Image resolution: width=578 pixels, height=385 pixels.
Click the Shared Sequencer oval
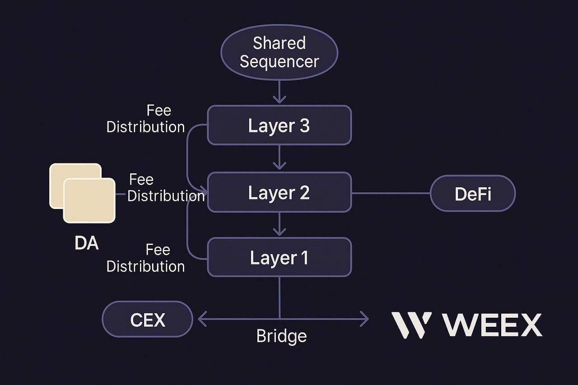click(279, 52)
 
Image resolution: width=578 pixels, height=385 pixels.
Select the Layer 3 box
click(280, 125)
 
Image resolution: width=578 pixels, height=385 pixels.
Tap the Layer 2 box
click(280, 192)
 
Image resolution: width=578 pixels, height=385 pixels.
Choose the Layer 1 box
click(280, 257)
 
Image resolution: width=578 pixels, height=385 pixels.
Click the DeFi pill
click(473, 193)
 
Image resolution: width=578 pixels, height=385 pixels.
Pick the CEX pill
click(147, 319)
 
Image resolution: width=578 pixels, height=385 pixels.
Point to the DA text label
click(86, 243)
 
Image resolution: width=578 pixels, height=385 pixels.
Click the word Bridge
click(281, 336)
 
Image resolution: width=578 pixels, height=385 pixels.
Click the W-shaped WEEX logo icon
click(411, 325)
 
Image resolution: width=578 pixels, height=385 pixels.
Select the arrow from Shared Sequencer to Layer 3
click(280, 92)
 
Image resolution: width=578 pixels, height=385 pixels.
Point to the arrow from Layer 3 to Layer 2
click(280, 158)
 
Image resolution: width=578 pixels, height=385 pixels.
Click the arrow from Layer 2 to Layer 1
click(280, 224)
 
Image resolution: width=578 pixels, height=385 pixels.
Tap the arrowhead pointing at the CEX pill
click(201, 319)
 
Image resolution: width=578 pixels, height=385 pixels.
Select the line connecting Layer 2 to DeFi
click(391, 193)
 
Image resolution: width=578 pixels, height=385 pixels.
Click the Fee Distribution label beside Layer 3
click(146, 119)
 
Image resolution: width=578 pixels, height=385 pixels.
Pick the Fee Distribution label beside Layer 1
click(146, 258)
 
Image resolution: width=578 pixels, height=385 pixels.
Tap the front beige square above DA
click(89, 200)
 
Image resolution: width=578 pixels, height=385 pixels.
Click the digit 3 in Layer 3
click(304, 126)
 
